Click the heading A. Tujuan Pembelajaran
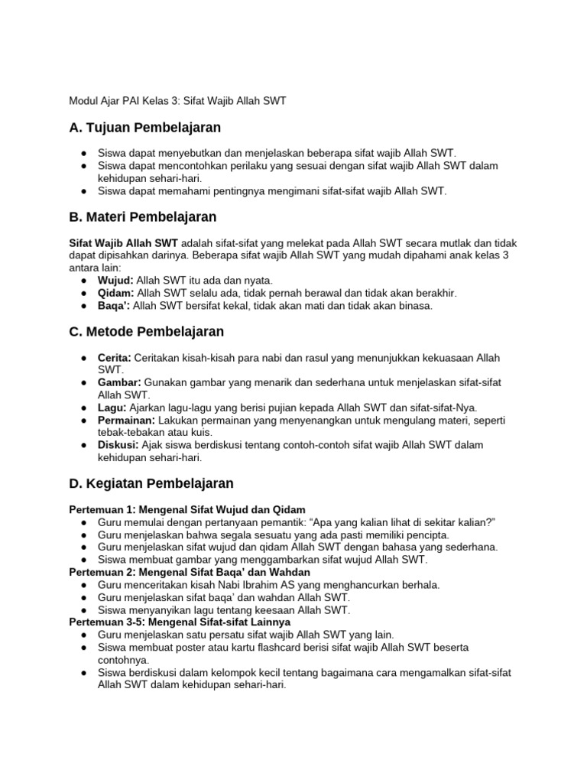144,128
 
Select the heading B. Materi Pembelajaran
143,217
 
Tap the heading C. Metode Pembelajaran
146,331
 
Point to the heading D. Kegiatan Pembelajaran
151,483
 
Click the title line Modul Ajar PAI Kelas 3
177,100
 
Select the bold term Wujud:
115,281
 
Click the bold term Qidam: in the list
115,293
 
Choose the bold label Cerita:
115,358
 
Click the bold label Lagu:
112,408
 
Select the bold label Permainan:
126,420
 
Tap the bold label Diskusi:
118,444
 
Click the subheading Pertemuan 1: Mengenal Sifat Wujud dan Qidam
187,509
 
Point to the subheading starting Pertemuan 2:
190,572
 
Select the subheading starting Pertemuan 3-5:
180,622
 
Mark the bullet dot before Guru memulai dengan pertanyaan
83,521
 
